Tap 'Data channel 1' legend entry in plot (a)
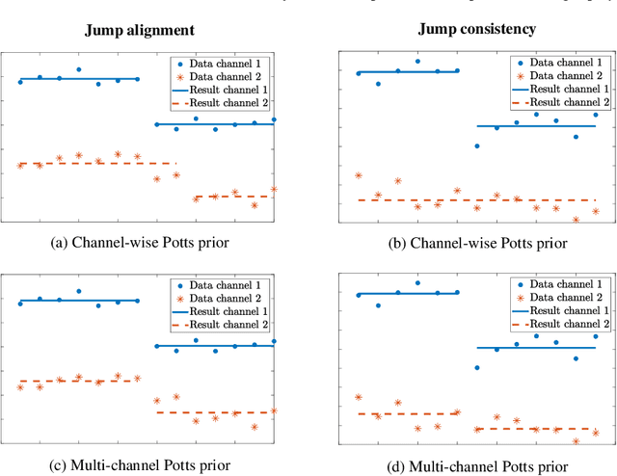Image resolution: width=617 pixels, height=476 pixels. [225, 61]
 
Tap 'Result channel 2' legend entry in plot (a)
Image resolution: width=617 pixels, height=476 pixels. [225, 101]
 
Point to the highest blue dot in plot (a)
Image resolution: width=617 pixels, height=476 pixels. [79, 69]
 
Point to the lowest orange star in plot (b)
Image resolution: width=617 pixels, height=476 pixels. [576, 220]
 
